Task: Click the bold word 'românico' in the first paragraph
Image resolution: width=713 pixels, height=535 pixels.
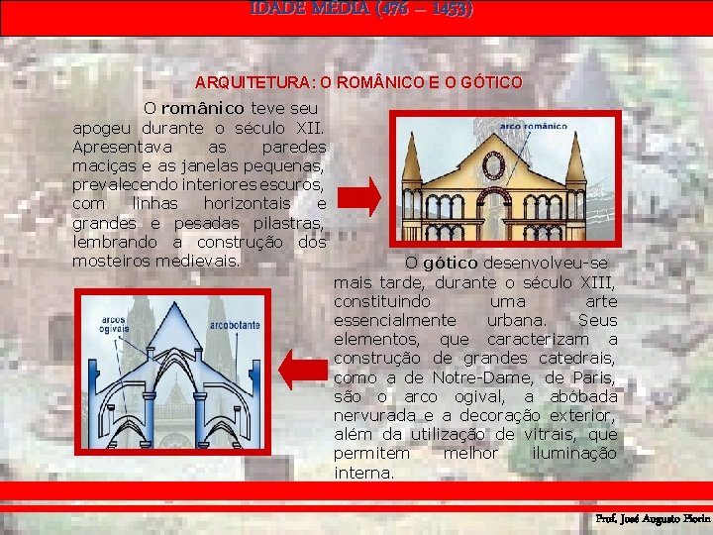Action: click(x=202, y=107)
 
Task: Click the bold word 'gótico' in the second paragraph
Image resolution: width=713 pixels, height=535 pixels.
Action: click(x=450, y=264)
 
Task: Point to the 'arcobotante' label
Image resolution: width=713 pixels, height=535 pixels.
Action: click(x=235, y=325)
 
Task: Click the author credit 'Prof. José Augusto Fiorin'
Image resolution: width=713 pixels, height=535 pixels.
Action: click(x=652, y=518)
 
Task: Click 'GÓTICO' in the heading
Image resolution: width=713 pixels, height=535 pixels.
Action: click(x=486, y=82)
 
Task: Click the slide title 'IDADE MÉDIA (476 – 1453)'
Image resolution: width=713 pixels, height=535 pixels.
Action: click(x=361, y=9)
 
